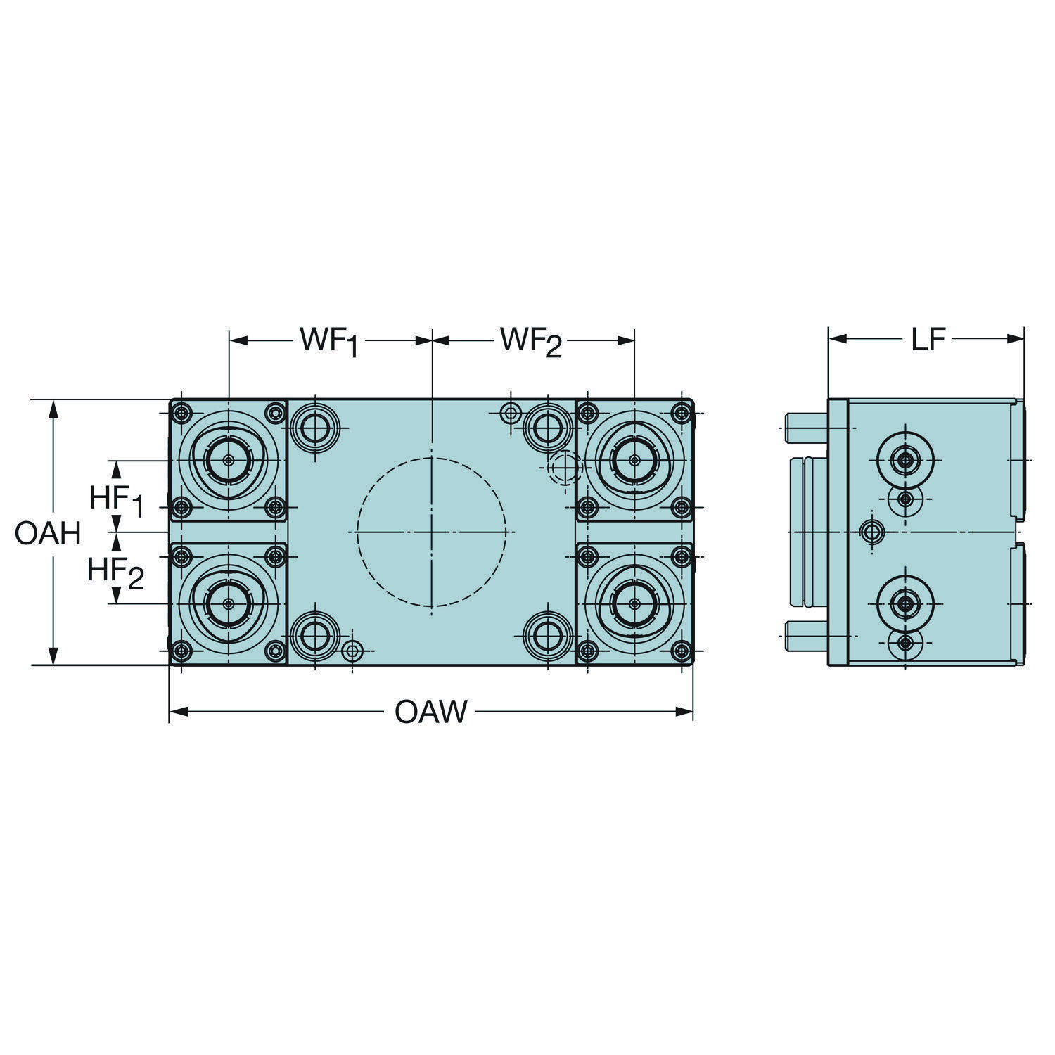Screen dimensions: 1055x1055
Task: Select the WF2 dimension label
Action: (x=531, y=342)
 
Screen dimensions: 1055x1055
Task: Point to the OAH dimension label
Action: (x=48, y=535)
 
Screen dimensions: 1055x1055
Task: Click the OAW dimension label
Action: (x=431, y=712)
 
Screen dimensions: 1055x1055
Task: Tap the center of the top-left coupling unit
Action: (x=229, y=461)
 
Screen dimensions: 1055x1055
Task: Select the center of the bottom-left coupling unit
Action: (x=229, y=603)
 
